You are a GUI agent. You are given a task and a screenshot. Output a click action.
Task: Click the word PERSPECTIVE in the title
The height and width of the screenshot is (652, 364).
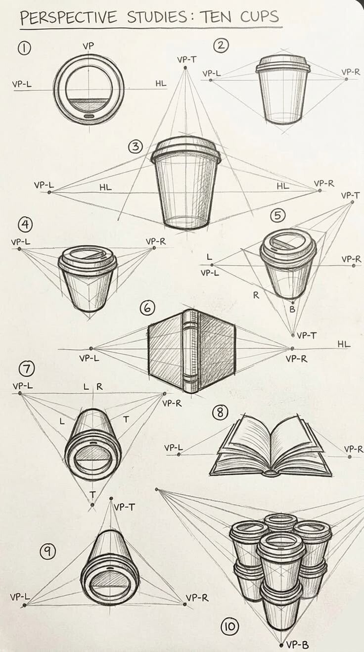click(69, 17)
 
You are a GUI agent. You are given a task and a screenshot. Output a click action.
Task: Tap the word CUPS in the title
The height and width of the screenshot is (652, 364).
click(260, 16)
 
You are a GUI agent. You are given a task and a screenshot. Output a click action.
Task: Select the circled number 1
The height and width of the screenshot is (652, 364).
click(24, 48)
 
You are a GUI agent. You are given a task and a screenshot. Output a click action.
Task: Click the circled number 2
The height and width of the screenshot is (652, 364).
click(221, 46)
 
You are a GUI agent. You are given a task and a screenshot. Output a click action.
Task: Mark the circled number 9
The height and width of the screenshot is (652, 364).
click(47, 552)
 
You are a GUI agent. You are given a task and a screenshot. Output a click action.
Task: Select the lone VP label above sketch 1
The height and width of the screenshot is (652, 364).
click(88, 46)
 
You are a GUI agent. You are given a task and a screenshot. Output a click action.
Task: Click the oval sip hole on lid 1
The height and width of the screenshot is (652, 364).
click(89, 116)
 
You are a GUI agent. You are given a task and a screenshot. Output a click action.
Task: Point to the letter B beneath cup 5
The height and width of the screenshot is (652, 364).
click(292, 309)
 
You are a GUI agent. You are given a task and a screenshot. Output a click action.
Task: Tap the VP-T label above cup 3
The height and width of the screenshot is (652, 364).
click(187, 60)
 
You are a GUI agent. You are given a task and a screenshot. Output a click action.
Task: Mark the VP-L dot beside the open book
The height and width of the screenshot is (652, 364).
click(179, 454)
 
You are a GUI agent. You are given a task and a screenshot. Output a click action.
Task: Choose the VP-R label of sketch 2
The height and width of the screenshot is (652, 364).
click(351, 72)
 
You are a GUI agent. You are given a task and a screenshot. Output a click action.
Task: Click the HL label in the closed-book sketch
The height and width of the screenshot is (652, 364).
click(344, 344)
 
